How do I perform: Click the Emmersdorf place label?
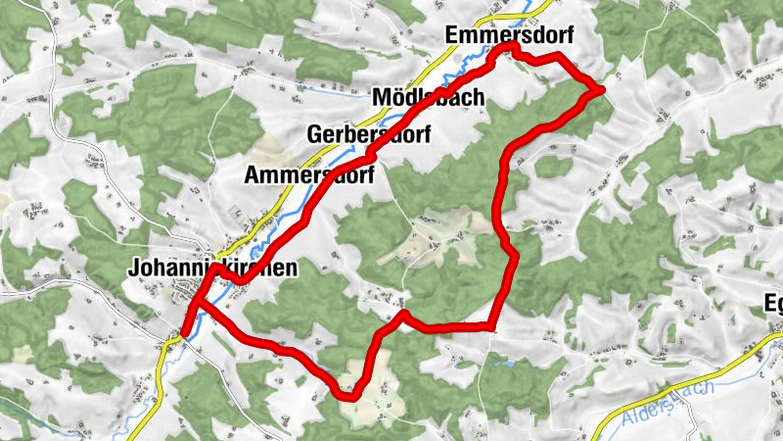(506, 35)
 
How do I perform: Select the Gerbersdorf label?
(370, 134)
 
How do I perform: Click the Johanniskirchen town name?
(211, 267)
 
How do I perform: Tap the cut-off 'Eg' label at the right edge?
(773, 304)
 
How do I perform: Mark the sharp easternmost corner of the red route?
(600, 90)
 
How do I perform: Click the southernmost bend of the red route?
(345, 395)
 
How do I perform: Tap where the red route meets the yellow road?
(182, 333)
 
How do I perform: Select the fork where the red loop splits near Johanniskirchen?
(199, 303)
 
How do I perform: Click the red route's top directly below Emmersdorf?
(508, 48)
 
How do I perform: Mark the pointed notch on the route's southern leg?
(402, 315)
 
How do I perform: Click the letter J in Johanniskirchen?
(133, 267)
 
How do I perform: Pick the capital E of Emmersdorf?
(451, 35)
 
